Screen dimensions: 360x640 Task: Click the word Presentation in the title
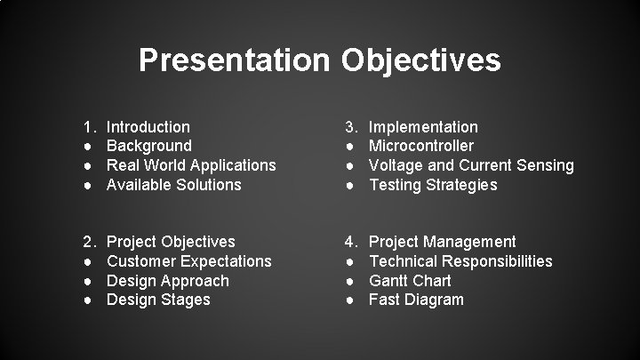[235, 60]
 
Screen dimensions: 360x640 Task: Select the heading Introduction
[148, 127]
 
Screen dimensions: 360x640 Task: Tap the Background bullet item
[148, 146]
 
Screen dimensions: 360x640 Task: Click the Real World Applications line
[190, 165]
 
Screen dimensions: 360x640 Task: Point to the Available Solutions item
[173, 185]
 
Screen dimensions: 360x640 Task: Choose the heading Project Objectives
[171, 242]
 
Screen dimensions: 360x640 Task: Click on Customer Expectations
[188, 261]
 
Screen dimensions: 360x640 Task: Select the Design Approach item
[167, 281]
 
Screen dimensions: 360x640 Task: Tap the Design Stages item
[158, 300]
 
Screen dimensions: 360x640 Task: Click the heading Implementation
[423, 127]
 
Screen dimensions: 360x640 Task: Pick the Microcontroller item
[421, 146]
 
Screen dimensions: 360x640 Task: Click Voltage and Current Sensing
[471, 165]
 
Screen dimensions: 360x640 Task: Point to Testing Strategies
[433, 185]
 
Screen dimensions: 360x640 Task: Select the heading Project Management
[442, 242]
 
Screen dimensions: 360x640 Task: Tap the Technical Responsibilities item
[460, 261]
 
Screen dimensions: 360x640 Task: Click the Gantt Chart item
[410, 281]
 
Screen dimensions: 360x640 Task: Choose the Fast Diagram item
[416, 300]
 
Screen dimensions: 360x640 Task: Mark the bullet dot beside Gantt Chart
[351, 281]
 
